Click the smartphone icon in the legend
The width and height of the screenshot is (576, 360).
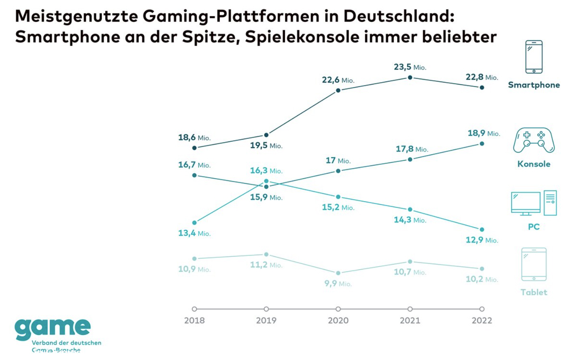[533, 57]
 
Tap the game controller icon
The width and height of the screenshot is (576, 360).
[533, 141]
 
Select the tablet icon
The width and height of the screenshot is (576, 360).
[533, 264]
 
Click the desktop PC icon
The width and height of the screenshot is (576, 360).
[533, 203]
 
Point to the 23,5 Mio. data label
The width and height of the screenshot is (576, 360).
[410, 67]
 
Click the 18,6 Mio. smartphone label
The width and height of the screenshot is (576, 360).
[194, 138]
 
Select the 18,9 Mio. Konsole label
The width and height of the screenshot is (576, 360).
[484, 133]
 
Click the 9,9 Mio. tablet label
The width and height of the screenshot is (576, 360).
[338, 283]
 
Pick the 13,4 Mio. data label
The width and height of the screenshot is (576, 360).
[194, 233]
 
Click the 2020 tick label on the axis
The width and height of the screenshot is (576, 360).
[338, 321]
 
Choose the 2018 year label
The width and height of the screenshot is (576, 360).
[194, 321]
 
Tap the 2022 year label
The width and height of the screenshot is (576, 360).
[482, 321]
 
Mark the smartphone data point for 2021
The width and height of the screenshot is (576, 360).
[410, 77]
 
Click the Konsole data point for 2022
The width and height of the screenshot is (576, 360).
[482, 144]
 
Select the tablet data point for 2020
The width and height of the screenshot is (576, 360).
[338, 273]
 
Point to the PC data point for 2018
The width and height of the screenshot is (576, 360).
[194, 223]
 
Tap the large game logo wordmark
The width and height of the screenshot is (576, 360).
[53, 328]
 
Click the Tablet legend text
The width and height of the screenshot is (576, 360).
[533, 292]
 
